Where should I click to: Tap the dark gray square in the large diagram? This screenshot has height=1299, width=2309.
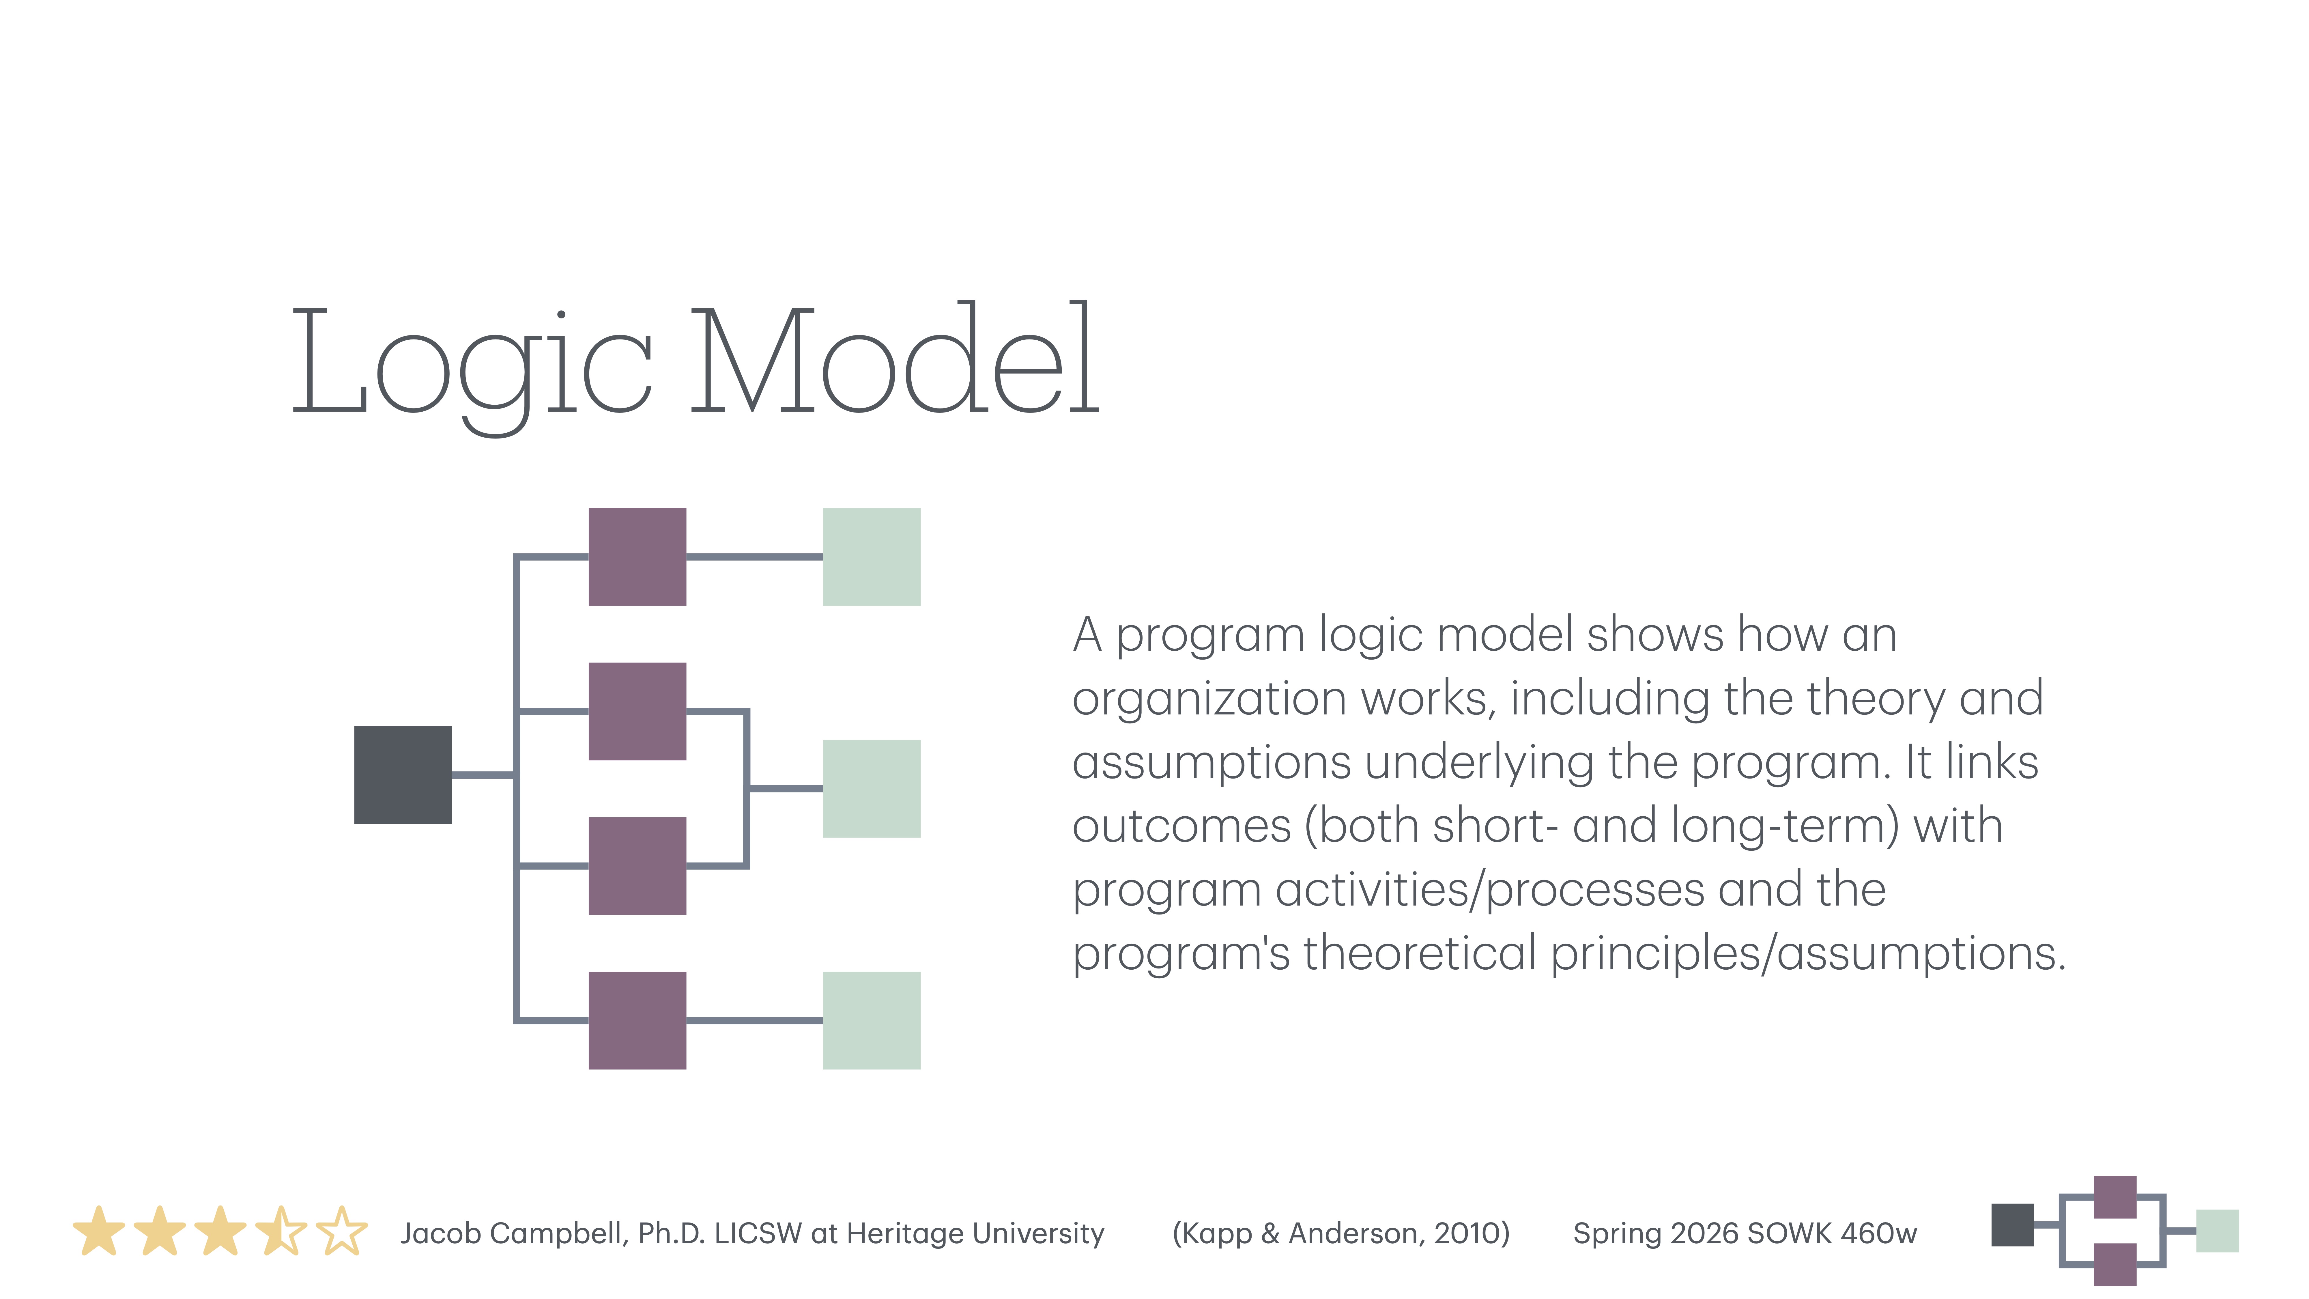click(x=403, y=774)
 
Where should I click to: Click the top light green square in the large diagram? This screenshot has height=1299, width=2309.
click(x=871, y=557)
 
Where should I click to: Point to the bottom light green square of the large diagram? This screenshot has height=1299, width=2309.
click(x=871, y=1020)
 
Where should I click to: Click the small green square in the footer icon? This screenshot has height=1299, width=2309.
click(x=2217, y=1231)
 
